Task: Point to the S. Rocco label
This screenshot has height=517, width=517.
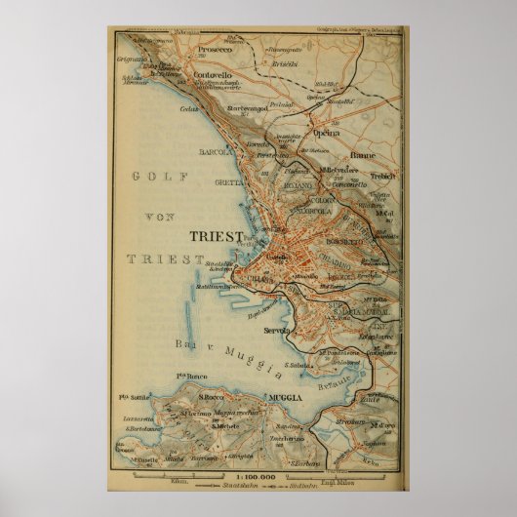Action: coord(214,398)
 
